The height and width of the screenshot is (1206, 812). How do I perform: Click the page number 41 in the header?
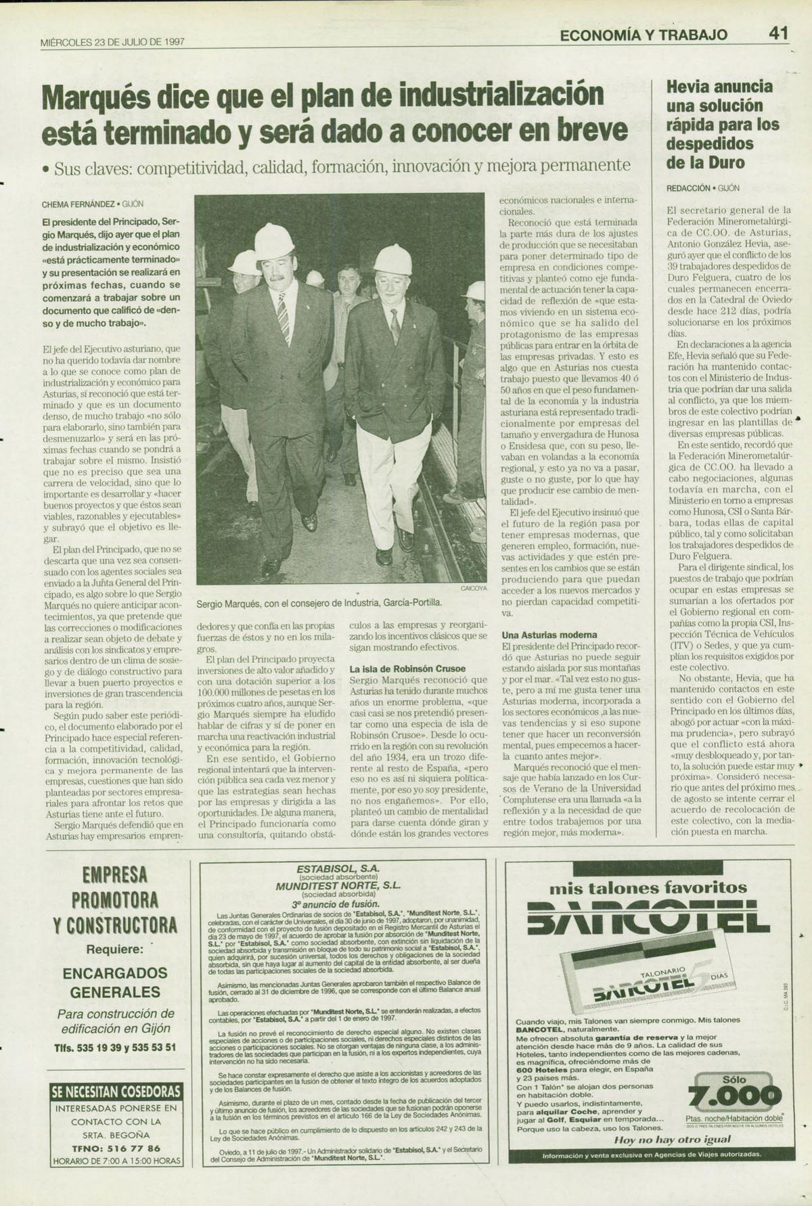pos(778,33)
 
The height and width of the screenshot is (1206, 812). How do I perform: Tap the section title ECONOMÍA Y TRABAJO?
pos(644,35)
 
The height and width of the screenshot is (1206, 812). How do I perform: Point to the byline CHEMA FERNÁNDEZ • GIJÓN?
pos(93,204)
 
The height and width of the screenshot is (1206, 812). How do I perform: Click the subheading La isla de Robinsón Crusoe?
pos(407,669)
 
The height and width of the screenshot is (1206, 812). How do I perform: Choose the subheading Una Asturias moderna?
pos(549,635)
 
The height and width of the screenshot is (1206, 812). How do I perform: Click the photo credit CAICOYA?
pos(474,588)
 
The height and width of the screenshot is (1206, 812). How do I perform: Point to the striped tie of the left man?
pos(283,314)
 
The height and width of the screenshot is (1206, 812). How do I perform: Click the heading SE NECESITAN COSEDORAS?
pos(116,1092)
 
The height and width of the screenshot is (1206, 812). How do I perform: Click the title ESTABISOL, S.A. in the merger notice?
pos(338,868)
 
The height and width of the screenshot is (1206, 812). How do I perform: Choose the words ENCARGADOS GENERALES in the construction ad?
pos(116,983)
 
